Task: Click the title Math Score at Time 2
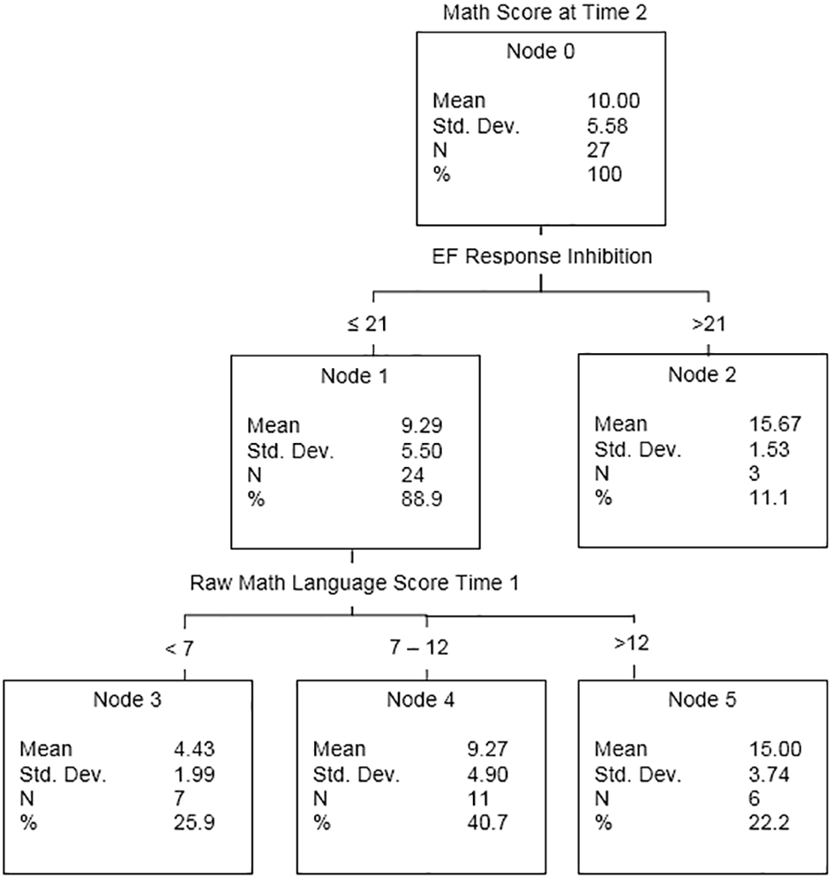point(545,12)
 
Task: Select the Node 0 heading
point(540,51)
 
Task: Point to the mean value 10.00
point(613,101)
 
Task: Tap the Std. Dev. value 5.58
point(607,125)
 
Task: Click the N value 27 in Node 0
point(598,150)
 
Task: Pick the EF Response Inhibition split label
point(542,256)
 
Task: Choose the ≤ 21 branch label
point(367,324)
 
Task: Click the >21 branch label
point(709,324)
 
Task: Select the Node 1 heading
point(354,376)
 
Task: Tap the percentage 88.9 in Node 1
point(422,499)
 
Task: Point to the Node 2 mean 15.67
point(775,424)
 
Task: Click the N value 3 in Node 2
point(755,473)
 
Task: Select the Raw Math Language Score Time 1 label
point(354,583)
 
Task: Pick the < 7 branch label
point(179,649)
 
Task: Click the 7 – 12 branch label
point(419,648)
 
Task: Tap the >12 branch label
point(632,643)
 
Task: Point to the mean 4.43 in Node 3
point(194,748)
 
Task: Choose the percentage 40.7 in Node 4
point(488,823)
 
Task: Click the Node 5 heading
point(703,700)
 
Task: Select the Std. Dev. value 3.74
point(769,774)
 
